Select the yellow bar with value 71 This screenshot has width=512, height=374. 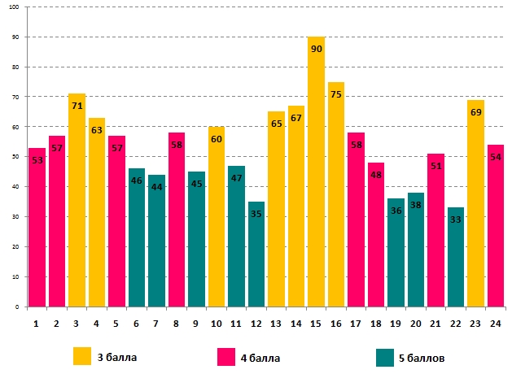click(x=77, y=203)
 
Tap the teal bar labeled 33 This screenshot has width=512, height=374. click(x=456, y=260)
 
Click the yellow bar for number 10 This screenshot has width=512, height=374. click(x=217, y=220)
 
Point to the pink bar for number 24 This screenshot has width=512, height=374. click(x=496, y=228)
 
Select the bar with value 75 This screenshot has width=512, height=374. click(x=336, y=195)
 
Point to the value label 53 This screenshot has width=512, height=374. click(x=37, y=160)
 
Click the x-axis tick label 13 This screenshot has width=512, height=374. click(x=276, y=323)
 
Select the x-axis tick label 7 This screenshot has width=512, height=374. click(x=156, y=323)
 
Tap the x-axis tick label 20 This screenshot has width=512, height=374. click(x=416, y=323)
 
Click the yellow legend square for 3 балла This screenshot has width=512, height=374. click(x=82, y=356)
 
